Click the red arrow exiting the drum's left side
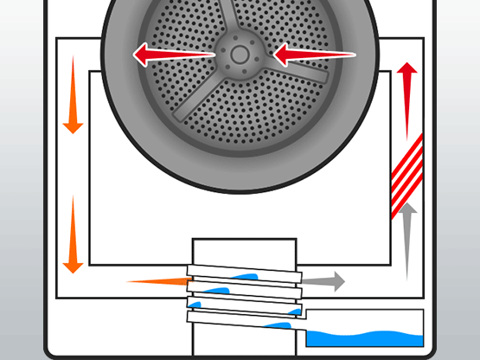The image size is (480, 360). click(x=173, y=56)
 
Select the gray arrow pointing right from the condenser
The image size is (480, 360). click(x=323, y=281)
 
